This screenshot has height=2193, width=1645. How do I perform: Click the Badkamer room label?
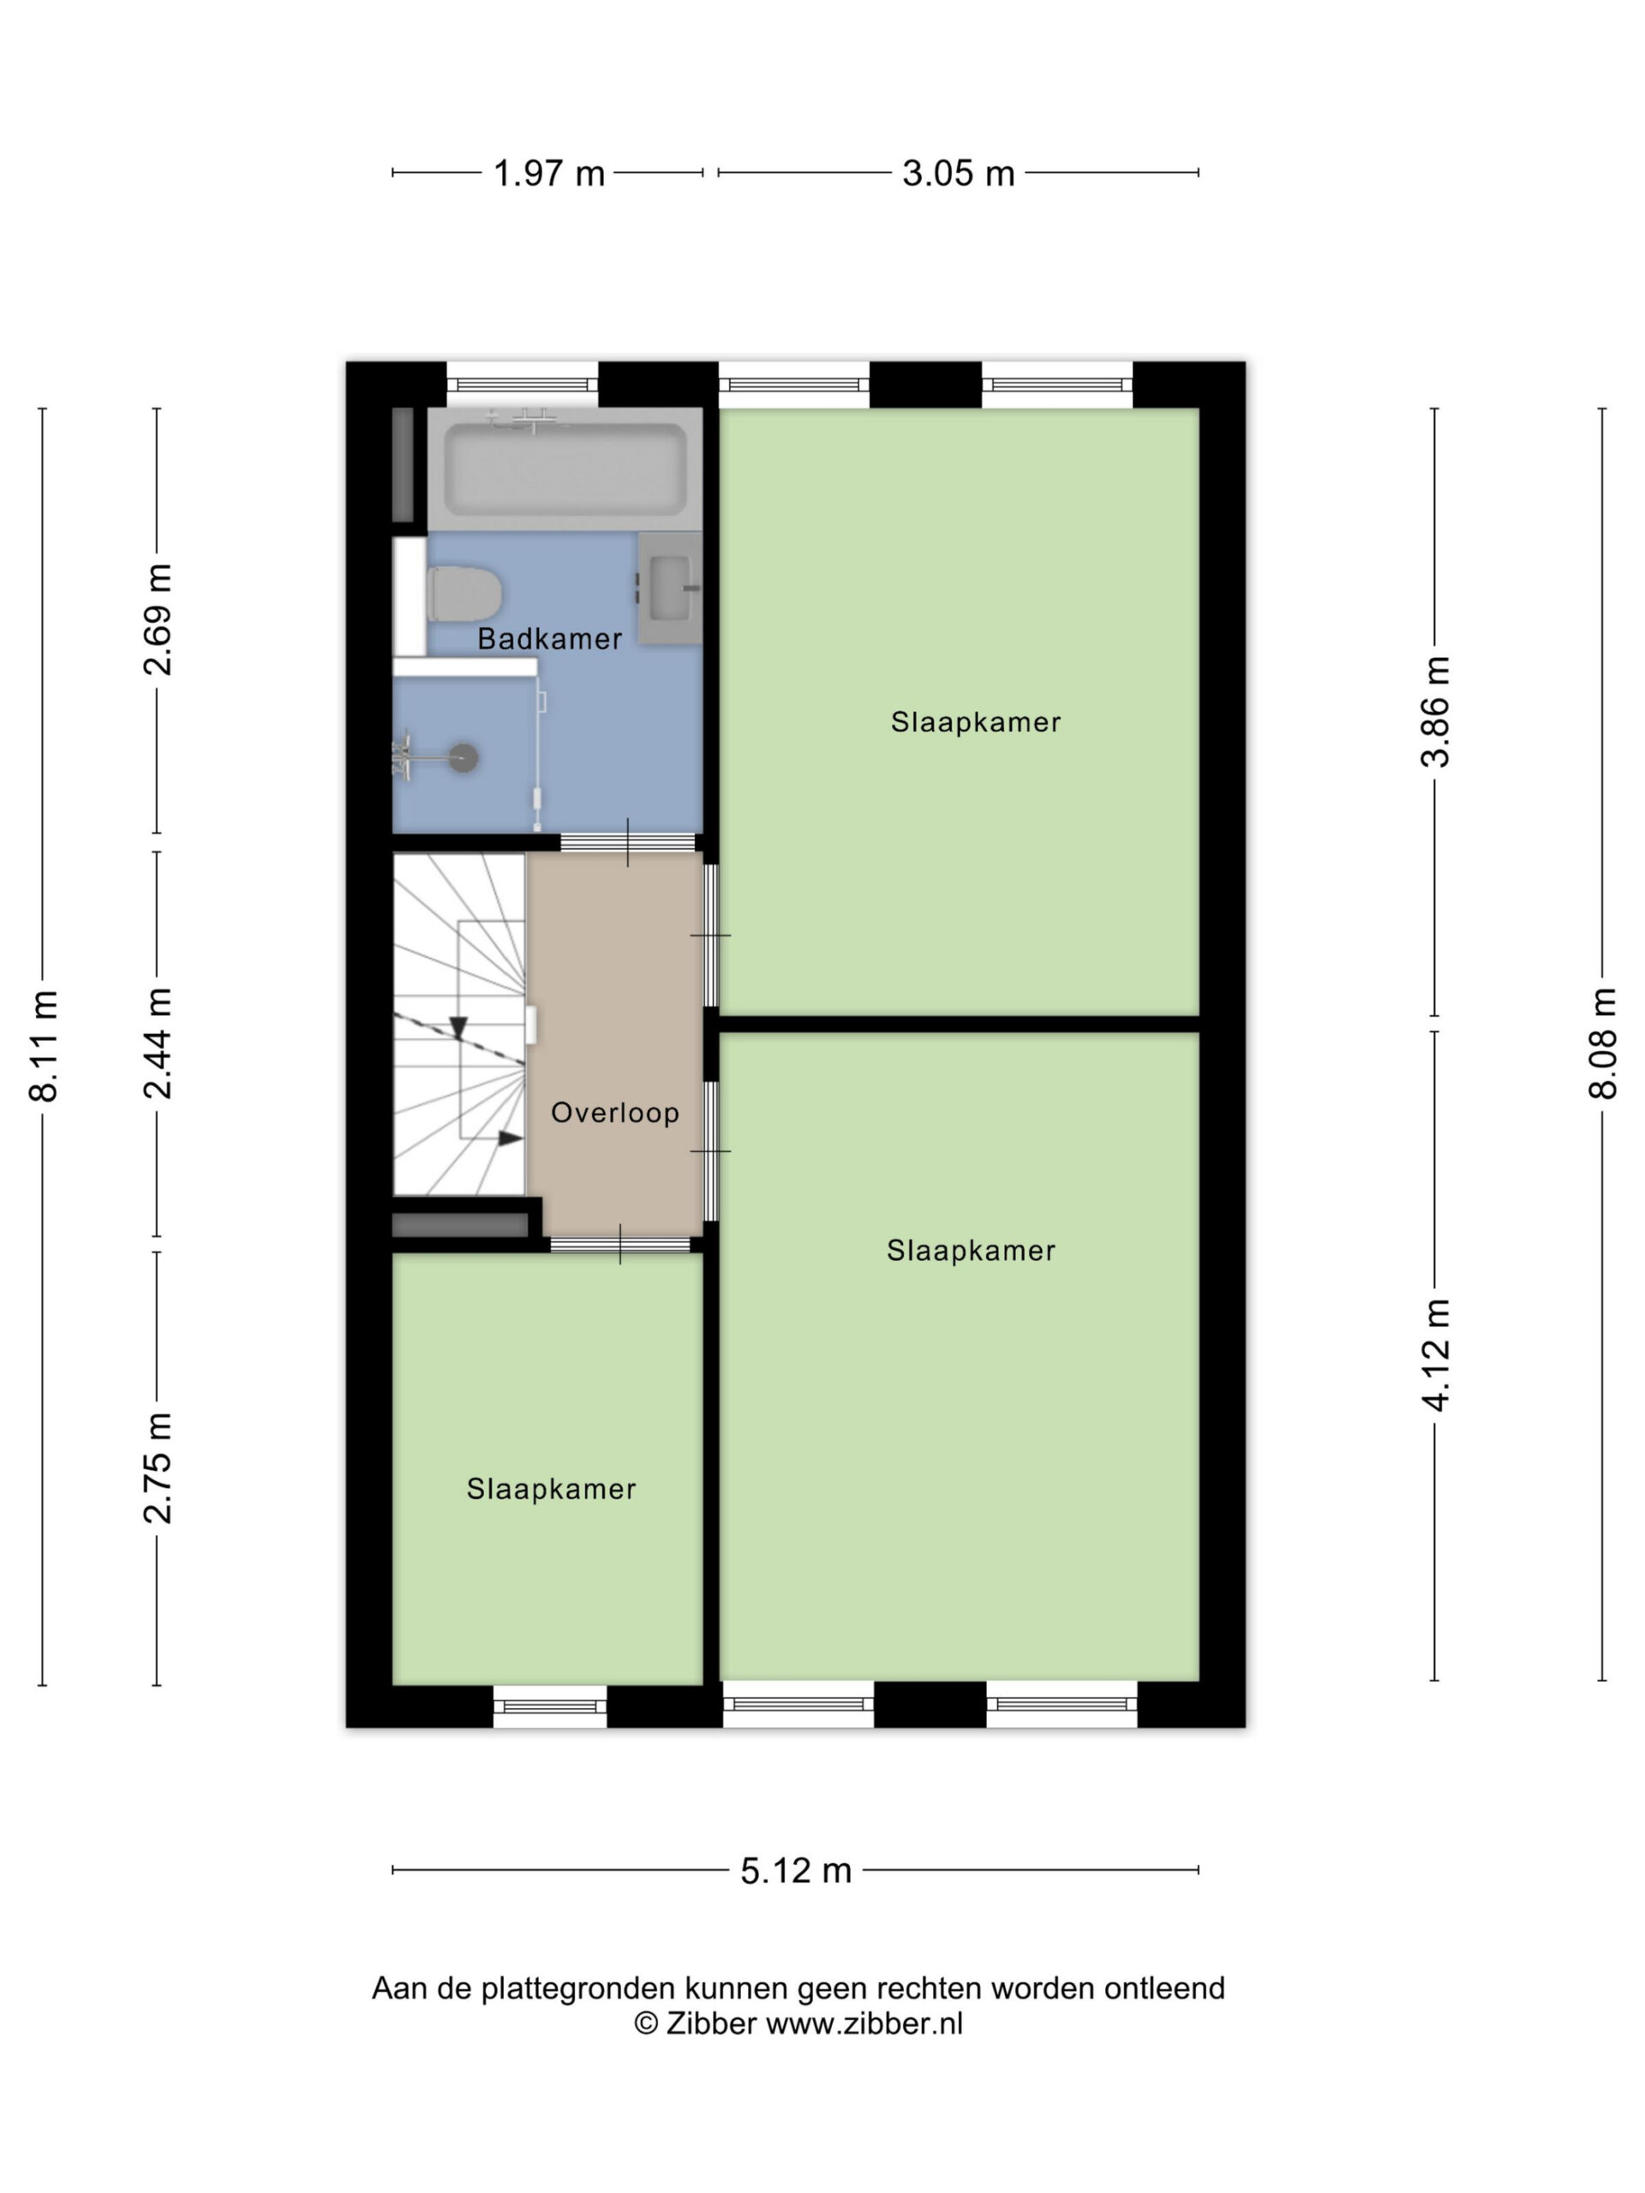549,639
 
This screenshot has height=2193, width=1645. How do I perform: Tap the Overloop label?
615,1113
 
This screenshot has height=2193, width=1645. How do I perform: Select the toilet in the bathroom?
464,594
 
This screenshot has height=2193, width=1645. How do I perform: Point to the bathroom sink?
669,588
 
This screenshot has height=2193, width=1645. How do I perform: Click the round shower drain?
464,758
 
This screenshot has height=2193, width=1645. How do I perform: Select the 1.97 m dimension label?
548,174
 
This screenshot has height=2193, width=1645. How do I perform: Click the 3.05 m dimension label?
958,174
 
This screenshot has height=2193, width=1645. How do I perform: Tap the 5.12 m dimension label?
796,1871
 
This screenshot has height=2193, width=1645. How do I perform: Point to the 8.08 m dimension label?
1603,1044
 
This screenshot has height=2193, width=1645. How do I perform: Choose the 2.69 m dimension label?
158,619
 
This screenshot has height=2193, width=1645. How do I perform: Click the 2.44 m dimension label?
158,1043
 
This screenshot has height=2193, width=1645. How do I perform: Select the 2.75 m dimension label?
158,1468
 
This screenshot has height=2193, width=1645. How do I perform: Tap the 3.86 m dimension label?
1435,712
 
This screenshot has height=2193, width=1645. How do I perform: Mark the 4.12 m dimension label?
1435,1354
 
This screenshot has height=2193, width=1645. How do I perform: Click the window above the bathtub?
523,384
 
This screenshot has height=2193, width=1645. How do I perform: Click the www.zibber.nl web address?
864,2024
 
